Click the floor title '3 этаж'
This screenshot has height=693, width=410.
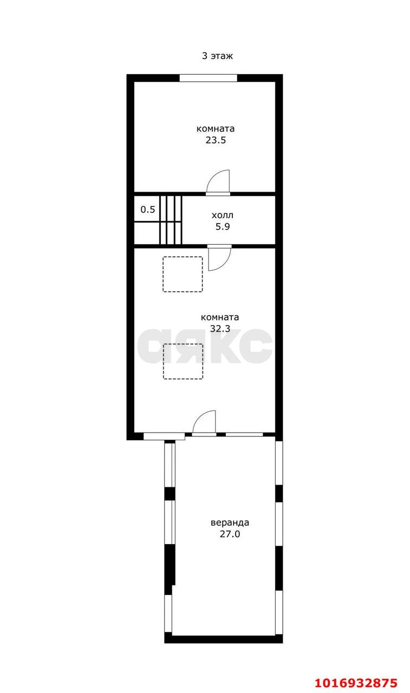217,56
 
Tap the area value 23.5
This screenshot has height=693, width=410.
216,140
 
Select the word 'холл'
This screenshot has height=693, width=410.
222,215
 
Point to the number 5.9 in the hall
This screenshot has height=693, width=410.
223,227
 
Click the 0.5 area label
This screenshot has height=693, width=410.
148,210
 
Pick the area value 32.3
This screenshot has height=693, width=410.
220,329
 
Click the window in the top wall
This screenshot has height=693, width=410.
208,78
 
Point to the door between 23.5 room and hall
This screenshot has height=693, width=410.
218,182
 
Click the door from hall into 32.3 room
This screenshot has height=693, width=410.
219,258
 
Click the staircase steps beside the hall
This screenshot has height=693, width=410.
170,220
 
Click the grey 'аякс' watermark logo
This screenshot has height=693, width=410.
205,345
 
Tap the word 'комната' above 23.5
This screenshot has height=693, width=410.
216,129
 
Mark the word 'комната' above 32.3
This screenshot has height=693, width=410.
220,317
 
